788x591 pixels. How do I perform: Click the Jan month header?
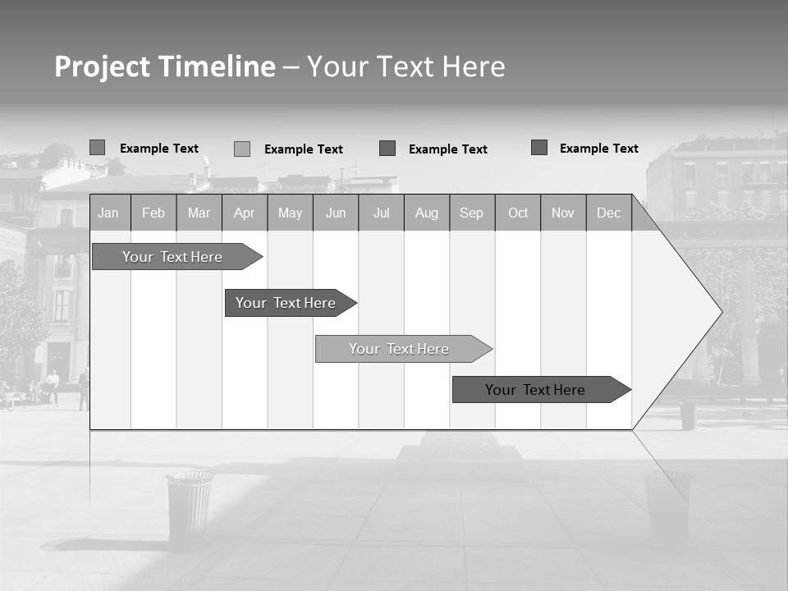(x=109, y=213)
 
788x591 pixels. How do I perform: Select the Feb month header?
(x=153, y=213)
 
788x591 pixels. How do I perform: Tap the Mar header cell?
(x=199, y=213)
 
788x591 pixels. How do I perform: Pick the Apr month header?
(x=245, y=213)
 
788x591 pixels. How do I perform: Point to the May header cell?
(x=290, y=213)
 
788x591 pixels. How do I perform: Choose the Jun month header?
(x=336, y=213)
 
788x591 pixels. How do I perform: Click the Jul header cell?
(x=381, y=213)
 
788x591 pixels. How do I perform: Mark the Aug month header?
(x=427, y=213)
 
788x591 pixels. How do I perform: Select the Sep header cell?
(x=472, y=213)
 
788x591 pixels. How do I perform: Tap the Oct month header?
(x=518, y=213)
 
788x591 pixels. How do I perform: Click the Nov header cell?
(x=563, y=213)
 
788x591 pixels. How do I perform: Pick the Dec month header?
(x=609, y=213)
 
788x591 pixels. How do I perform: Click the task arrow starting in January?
(x=173, y=257)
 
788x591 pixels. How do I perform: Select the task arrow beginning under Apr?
(x=286, y=303)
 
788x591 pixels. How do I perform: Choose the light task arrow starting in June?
(x=400, y=349)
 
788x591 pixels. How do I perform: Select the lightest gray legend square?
(x=242, y=149)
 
